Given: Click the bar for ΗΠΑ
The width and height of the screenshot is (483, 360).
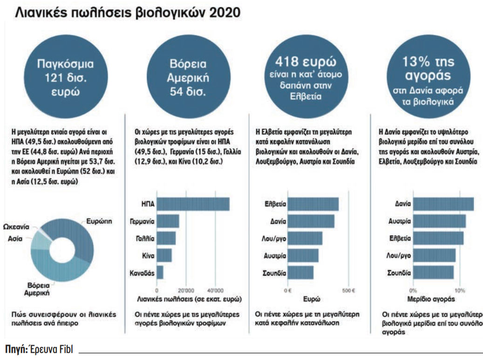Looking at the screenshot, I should coord(193,204).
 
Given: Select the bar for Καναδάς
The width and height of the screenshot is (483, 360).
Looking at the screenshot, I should coord(160,272).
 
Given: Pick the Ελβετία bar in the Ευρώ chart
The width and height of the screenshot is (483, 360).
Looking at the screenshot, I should coord(313,204).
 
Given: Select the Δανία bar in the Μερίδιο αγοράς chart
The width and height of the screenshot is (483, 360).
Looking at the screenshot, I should coord(443,204).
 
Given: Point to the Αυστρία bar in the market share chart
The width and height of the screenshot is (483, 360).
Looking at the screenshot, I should coord(439,221).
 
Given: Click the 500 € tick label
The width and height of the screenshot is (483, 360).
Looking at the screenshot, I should coord(348,290).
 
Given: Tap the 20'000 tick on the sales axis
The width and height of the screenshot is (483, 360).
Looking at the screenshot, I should coord(185,290).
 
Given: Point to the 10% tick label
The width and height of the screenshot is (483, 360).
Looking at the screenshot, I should coord(460,290).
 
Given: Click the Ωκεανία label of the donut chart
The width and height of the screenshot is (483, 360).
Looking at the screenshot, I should coord(16,227).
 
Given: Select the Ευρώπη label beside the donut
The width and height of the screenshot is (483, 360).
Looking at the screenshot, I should coord(99,222).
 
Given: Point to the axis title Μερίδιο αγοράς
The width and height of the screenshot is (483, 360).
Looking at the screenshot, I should coord(428,299).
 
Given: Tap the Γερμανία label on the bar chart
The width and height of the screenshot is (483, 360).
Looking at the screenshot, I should coord(142,221).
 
